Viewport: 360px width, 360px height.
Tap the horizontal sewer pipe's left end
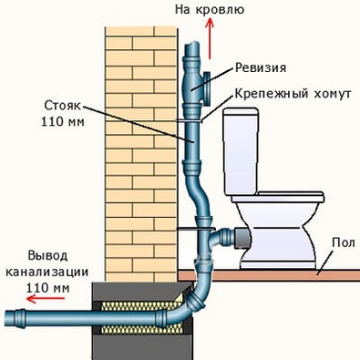11,318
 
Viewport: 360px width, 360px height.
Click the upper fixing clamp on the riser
196,118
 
